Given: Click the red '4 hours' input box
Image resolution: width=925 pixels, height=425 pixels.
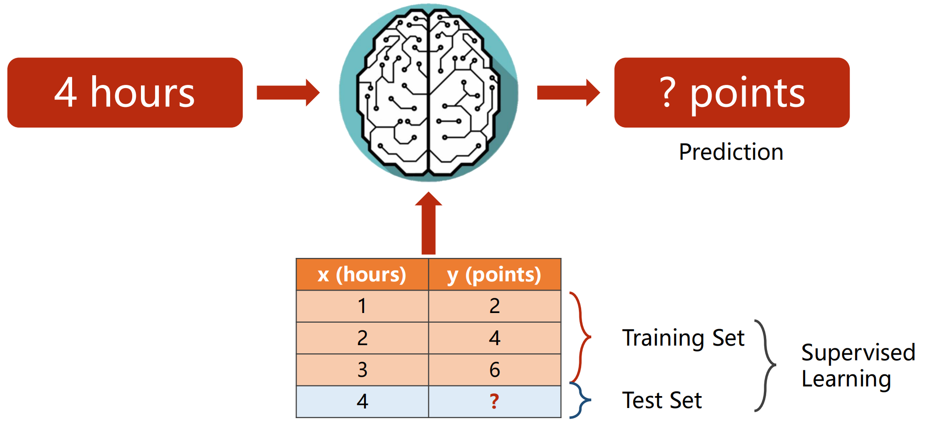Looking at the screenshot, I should click(125, 92).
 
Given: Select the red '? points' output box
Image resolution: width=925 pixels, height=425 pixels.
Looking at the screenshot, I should click(732, 92).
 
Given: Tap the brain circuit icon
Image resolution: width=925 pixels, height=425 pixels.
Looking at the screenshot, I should click(428, 93).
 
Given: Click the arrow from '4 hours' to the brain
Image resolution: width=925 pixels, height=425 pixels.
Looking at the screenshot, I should click(288, 92).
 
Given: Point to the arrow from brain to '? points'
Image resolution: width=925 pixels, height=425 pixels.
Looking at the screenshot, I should click(568, 92).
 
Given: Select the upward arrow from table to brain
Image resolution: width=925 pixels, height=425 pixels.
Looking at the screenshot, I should click(428, 223).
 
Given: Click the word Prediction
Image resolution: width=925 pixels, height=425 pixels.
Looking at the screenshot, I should click(731, 152).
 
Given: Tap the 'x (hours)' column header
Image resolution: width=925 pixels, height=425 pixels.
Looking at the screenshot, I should click(362, 274).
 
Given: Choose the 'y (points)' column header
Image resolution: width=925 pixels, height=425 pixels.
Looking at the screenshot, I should click(494, 274).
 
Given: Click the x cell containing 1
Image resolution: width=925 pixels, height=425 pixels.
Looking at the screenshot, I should click(362, 306).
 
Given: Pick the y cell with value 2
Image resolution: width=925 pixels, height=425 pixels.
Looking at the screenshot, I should click(494, 306).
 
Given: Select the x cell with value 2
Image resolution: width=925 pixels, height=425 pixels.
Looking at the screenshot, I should click(362, 338).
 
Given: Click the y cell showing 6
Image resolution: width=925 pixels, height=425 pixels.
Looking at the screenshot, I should click(494, 370).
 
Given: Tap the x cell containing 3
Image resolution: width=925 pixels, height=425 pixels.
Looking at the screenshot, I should click(362, 370).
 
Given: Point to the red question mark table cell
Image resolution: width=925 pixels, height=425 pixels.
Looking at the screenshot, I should click(494, 402).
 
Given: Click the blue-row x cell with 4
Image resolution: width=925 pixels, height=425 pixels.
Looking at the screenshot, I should click(362, 402).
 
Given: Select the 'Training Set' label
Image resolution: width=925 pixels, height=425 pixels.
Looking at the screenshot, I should click(683, 338).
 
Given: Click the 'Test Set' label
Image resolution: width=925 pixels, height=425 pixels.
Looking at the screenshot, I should click(662, 400).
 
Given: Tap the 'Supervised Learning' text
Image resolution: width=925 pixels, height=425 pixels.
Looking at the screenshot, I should click(858, 365).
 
